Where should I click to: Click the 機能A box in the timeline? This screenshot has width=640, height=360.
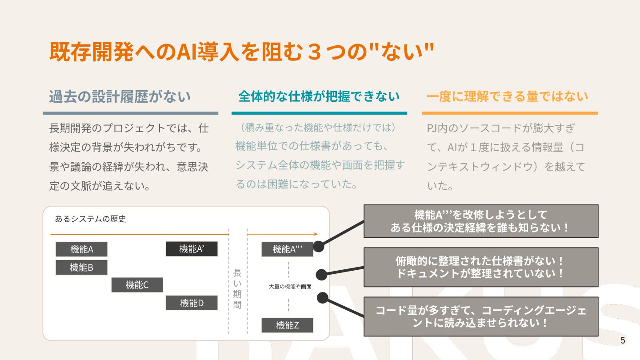pyautogui.click(x=81, y=249)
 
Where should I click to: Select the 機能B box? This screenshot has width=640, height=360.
pyautogui.click(x=81, y=268)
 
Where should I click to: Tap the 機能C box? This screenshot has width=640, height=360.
pyautogui.click(x=137, y=285)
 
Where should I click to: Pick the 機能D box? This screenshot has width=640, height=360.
pyautogui.click(x=192, y=303)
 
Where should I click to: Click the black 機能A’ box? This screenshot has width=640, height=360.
pyautogui.click(x=192, y=249)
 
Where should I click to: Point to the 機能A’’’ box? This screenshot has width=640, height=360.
pyautogui.click(x=287, y=249)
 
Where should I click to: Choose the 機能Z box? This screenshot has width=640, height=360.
pyautogui.click(x=287, y=325)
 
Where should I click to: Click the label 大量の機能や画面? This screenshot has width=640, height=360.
pyautogui.click(x=290, y=287)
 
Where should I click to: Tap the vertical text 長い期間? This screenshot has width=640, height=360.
pyautogui.click(x=237, y=288)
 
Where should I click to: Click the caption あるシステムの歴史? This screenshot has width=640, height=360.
pyautogui.click(x=91, y=219)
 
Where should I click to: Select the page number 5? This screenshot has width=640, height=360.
pyautogui.click(x=623, y=340)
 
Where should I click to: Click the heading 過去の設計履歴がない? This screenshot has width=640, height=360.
pyautogui.click(x=120, y=96)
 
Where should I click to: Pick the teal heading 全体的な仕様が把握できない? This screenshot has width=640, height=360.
pyautogui.click(x=319, y=96)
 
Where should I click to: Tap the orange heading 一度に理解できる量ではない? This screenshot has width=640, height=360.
pyautogui.click(x=507, y=96)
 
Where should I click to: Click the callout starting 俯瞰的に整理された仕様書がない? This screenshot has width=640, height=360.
pyautogui.click(x=481, y=267)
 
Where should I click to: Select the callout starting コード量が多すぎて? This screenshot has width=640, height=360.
pyautogui.click(x=481, y=316)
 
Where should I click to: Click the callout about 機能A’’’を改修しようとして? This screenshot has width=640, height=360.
pyautogui.click(x=481, y=221)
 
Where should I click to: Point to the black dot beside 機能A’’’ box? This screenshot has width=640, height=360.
pyautogui.click(x=319, y=246)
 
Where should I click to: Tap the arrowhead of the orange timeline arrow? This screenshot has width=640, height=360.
pyautogui.click(x=316, y=234)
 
